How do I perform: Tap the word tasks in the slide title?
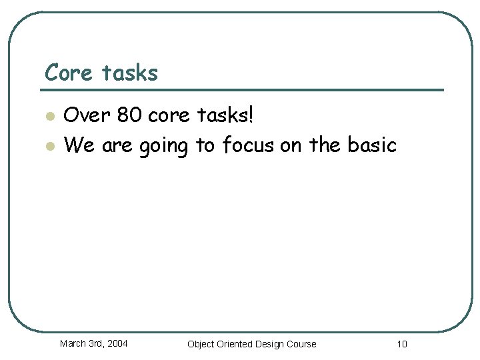coord(130,72)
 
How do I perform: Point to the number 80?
coord(129,116)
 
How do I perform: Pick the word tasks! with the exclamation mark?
coord(226,116)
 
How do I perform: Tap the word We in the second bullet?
coord(79,144)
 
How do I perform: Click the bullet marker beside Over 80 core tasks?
coord(49,117)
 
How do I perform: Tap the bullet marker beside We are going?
coord(49,145)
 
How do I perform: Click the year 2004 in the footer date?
coord(117,344)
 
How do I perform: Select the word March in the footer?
coord(73,344)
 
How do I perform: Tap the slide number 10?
coord(401,344)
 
